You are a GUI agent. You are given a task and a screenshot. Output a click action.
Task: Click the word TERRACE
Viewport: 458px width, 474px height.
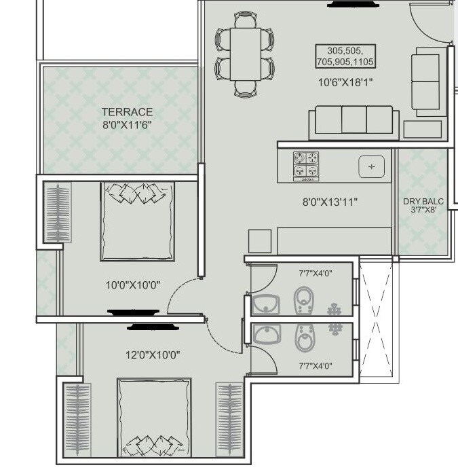[x=127, y=112]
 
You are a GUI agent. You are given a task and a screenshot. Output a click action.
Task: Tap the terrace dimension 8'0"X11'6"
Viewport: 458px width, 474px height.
[x=127, y=124]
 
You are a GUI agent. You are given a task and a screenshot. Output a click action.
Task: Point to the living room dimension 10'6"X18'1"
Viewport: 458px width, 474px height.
[x=346, y=82]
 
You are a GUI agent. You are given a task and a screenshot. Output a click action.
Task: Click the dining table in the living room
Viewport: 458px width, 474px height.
[x=245, y=58]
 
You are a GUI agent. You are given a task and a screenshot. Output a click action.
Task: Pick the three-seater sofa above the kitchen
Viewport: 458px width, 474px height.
[x=353, y=121]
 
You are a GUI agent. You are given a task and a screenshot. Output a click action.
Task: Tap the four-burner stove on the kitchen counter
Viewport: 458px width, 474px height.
[x=307, y=166]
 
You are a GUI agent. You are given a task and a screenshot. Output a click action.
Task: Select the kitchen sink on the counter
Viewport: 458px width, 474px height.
[x=371, y=166]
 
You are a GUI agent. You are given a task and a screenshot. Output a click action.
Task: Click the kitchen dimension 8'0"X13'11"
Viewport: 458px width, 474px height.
[x=330, y=202]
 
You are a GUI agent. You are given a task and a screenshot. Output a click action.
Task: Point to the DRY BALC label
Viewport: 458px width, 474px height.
[x=423, y=202]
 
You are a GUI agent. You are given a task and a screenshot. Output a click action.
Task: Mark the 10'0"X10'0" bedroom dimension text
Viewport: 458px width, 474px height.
[x=133, y=285]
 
